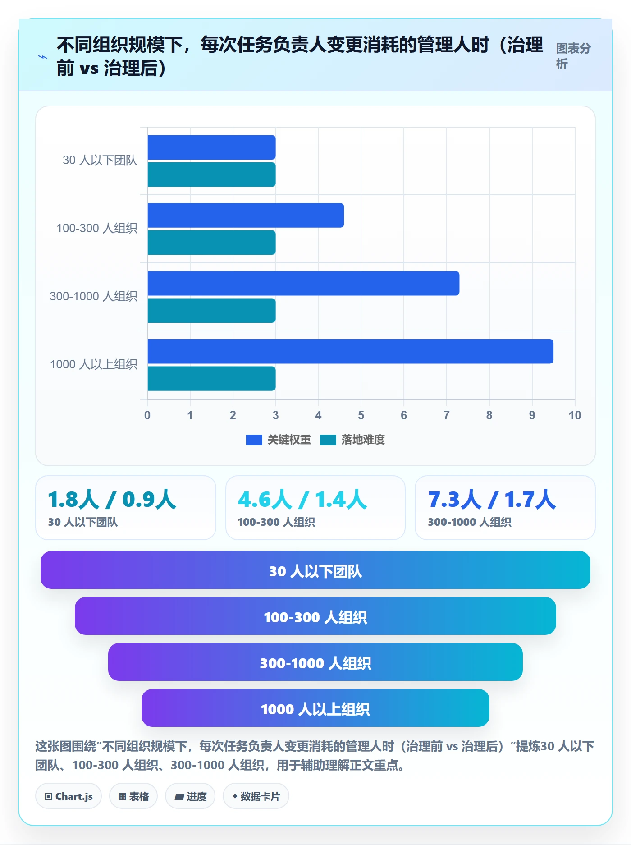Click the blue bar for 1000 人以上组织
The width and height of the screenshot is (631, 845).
(350, 351)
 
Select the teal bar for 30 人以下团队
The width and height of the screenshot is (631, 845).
(211, 175)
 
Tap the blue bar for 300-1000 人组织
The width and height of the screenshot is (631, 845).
(303, 283)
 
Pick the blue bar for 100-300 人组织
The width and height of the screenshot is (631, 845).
(246, 215)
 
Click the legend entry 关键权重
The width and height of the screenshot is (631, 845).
(279, 440)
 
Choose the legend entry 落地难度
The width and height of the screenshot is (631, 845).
(352, 440)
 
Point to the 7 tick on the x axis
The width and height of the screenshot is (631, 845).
(447, 415)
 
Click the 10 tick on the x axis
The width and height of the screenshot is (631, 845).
(575, 415)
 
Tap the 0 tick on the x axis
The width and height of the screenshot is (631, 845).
(147, 415)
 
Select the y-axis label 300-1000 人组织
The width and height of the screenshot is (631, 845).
(93, 296)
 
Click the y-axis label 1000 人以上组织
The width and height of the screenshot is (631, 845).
(93, 364)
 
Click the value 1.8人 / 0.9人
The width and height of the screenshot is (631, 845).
(112, 500)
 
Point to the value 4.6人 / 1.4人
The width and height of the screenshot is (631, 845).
(302, 500)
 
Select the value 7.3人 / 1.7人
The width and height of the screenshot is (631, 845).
(492, 500)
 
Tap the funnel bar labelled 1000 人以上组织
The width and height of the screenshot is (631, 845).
(315, 708)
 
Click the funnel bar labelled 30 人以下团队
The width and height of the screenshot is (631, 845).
(315, 570)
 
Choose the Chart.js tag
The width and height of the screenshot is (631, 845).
(69, 796)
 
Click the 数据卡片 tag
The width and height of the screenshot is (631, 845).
(256, 796)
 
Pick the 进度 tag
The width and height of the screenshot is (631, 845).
(190, 796)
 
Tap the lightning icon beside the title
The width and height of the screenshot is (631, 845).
(43, 57)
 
